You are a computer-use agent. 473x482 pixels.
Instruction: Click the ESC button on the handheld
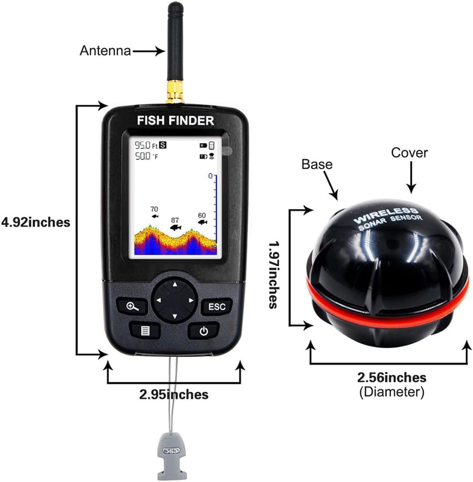(217, 307)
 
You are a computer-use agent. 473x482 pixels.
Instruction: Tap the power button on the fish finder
(203, 331)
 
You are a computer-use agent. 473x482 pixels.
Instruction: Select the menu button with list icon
(145, 330)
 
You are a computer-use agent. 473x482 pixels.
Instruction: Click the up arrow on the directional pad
(174, 285)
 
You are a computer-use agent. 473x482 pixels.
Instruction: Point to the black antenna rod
(174, 43)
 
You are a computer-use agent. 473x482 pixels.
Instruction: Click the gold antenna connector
(174, 92)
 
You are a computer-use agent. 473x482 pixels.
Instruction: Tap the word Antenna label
(105, 51)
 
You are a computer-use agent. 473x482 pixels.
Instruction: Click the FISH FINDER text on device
(176, 121)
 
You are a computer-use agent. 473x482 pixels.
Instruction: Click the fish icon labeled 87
(175, 227)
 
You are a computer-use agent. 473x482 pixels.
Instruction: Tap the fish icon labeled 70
(155, 217)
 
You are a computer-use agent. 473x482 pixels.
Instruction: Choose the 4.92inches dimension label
(36, 222)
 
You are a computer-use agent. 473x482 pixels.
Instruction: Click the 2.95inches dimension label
(174, 394)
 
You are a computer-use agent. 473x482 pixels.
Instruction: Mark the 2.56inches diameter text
(391, 377)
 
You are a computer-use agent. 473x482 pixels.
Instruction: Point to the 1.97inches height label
(273, 274)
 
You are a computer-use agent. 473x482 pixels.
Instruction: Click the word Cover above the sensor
(409, 153)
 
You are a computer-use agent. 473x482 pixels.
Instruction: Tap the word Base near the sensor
(317, 164)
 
